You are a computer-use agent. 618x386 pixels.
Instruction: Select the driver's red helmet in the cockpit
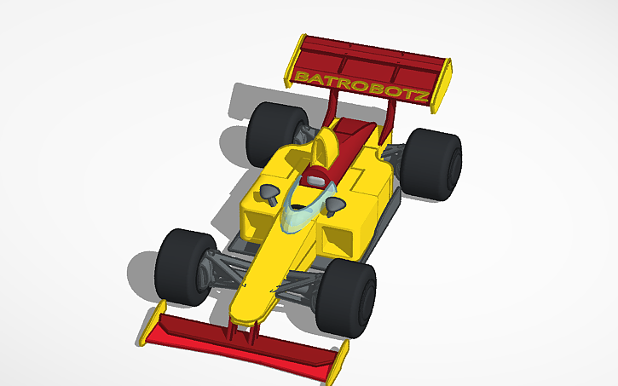(x=316, y=178)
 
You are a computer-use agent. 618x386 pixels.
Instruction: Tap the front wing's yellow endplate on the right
(x=338, y=365)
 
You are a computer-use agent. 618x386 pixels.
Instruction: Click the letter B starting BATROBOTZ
(x=301, y=78)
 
